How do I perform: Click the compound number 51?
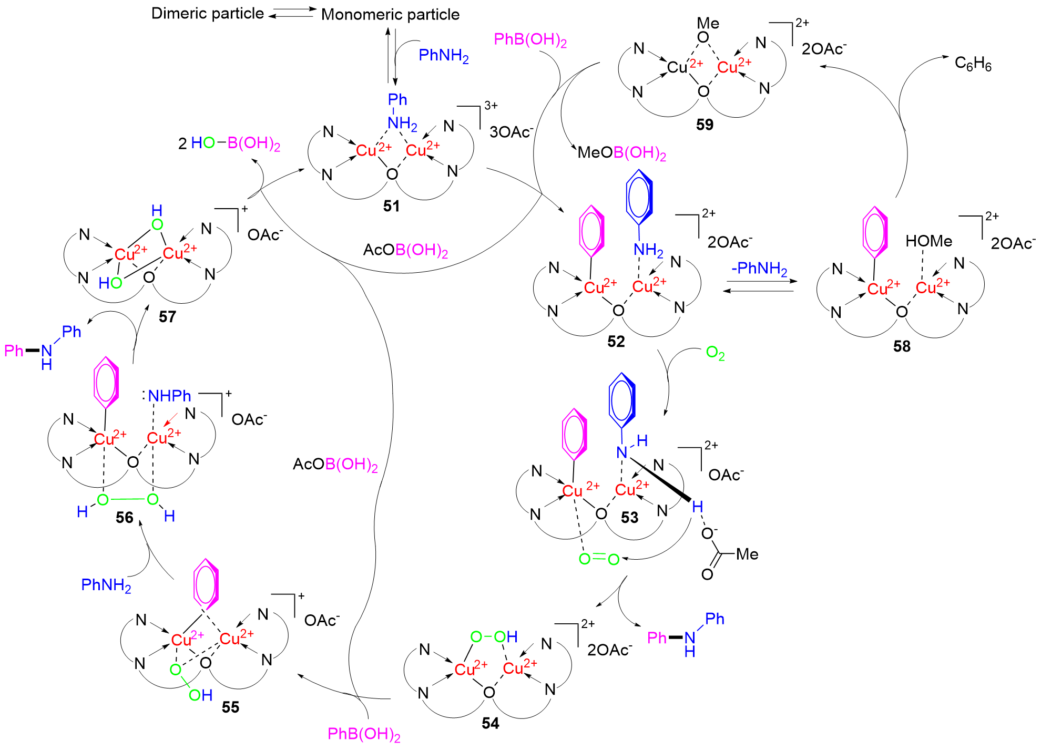(x=391, y=206)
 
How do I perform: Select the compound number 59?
(x=705, y=125)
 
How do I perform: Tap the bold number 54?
(x=490, y=723)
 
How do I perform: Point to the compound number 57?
(x=167, y=316)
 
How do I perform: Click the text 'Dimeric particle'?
(x=207, y=14)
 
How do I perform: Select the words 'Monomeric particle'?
(x=390, y=15)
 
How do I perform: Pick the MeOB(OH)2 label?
(x=621, y=153)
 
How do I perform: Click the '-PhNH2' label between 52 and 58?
(x=759, y=269)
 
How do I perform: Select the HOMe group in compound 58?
(x=928, y=241)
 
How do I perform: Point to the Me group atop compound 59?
(x=708, y=24)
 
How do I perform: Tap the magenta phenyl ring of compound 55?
(x=206, y=584)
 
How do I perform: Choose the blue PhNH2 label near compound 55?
(x=106, y=585)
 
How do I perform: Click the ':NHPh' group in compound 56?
(x=167, y=396)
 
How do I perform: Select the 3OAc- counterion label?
(x=511, y=132)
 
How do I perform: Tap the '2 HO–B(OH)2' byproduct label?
(x=229, y=143)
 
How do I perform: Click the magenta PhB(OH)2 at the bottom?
(x=364, y=734)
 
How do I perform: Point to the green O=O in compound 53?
(x=599, y=559)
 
